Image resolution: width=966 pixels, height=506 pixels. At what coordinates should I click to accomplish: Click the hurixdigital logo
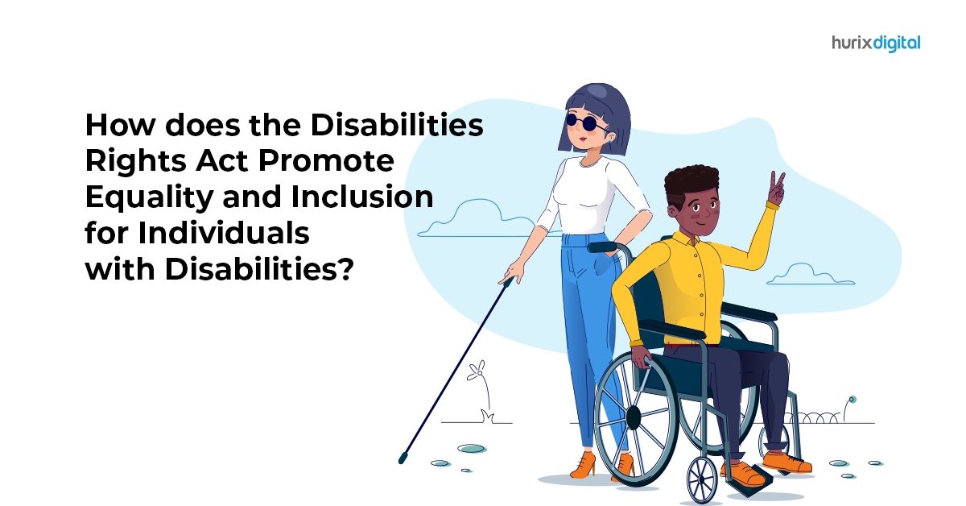tap(876, 44)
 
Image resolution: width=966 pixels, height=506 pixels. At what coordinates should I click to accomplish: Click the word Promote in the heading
tap(326, 161)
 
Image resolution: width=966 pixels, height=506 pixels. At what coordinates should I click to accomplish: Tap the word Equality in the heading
tap(149, 197)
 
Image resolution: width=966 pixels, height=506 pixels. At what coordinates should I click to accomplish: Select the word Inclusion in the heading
tap(362, 197)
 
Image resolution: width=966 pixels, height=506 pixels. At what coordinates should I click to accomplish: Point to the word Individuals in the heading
tap(224, 233)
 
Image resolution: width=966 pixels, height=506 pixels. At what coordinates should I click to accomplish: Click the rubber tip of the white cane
tap(402, 458)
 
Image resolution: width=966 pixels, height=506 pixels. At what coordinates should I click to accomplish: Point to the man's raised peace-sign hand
tap(777, 189)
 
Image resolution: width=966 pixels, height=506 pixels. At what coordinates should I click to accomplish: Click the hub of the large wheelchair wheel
tap(633, 417)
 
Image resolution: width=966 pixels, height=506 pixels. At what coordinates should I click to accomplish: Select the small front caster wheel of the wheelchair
tap(702, 479)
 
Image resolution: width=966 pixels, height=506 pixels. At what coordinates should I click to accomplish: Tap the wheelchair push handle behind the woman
tap(603, 247)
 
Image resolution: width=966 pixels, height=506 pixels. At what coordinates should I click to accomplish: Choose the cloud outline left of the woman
tap(477, 218)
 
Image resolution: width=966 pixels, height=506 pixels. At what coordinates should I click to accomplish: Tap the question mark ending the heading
tap(345, 269)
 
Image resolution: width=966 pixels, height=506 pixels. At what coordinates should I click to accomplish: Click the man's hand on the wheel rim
tap(642, 357)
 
